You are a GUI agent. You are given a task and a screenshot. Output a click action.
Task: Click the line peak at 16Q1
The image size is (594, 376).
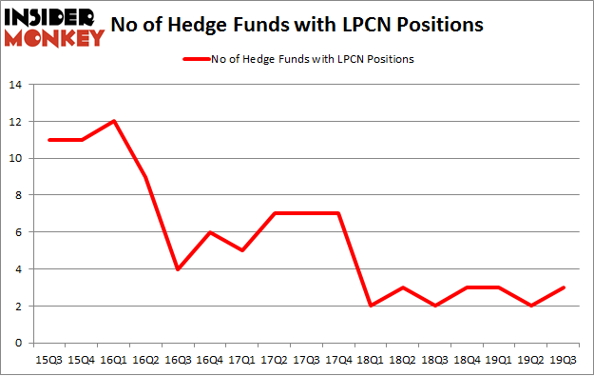pyautogui.click(x=115, y=121)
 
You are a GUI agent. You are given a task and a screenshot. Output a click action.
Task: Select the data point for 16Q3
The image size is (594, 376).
pyautogui.click(x=180, y=268)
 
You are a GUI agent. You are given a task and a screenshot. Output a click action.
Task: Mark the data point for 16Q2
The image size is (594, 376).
pyautogui.click(x=147, y=176)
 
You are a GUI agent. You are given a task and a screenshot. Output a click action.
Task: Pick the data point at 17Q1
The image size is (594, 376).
pyautogui.click(x=244, y=249)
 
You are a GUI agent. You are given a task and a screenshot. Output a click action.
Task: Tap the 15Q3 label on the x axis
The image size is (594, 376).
pyautogui.click(x=49, y=359)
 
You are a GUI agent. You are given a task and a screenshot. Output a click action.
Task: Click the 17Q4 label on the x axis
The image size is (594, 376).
pyautogui.click(x=341, y=359)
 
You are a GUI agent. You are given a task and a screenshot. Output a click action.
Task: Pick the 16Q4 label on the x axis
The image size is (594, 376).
pyautogui.click(x=212, y=359)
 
